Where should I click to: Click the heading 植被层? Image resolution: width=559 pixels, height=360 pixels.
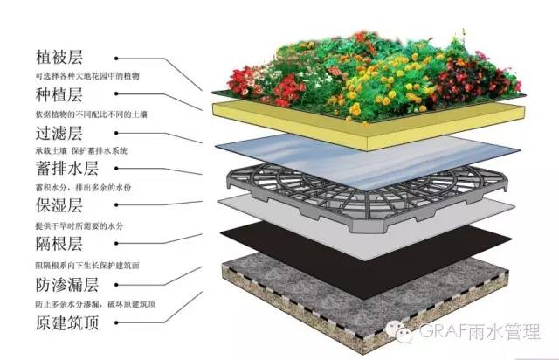(59, 58)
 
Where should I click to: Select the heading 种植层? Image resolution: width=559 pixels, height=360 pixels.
(59, 94)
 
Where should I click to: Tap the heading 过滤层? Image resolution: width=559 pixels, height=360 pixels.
(59, 133)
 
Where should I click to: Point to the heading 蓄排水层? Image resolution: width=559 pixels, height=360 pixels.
(66, 169)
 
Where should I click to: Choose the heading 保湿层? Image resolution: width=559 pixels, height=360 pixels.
(59, 205)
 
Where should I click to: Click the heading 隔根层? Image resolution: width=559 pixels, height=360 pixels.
(59, 244)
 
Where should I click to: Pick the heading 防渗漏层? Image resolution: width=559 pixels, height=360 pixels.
(66, 285)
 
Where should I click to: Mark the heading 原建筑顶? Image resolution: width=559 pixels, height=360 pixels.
(66, 322)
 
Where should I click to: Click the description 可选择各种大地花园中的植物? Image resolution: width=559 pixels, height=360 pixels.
(87, 76)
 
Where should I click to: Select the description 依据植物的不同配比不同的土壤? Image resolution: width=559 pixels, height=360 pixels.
(91, 114)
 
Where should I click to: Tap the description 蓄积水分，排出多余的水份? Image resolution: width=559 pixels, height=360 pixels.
(83, 187)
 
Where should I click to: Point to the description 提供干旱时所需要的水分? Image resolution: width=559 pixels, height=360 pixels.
(79, 225)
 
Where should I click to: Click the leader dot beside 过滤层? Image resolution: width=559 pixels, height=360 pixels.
(116, 133)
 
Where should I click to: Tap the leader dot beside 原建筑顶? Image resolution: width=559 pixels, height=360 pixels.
(116, 322)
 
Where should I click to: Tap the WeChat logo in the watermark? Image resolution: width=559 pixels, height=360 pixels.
(399, 331)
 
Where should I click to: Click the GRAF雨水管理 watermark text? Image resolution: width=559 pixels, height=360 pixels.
(480, 331)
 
